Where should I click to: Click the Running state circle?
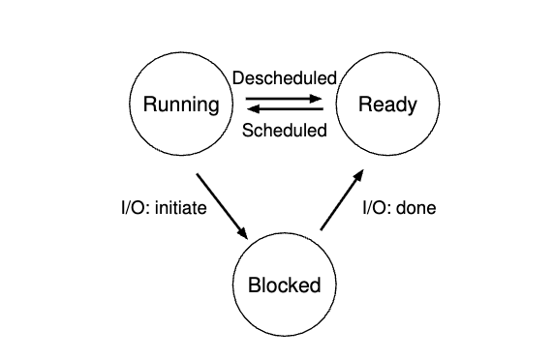click(181, 104)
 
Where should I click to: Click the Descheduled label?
click(284, 78)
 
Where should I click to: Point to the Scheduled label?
click(284, 131)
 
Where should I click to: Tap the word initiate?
click(178, 207)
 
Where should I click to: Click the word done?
click(416, 207)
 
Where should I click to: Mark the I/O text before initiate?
click(121, 207)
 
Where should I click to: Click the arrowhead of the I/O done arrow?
click(360, 175)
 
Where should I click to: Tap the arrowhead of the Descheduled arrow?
click(318, 98)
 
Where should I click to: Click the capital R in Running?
click(149, 104)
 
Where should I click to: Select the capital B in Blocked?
click(254, 285)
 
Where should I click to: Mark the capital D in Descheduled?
click(237, 78)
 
